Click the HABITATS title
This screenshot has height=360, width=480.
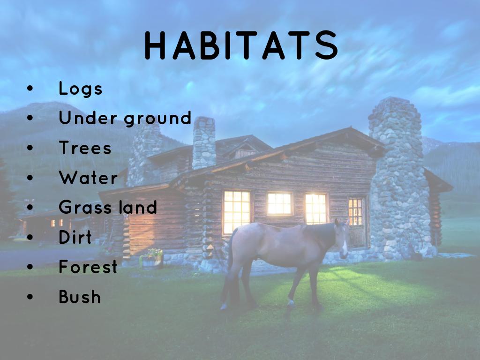(241, 45)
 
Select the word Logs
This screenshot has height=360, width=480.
(81, 89)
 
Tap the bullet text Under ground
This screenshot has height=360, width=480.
(125, 118)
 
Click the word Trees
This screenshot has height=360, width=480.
(85, 148)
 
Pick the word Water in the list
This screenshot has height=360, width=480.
(88, 178)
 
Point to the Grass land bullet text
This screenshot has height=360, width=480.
(108, 207)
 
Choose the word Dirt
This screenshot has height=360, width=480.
(75, 237)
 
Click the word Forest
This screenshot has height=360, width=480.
(88, 266)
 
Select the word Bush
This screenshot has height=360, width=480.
(80, 296)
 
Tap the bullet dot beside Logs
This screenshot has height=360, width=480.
(30, 89)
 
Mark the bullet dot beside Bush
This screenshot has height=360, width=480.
(30, 296)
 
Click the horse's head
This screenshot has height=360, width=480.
(342, 237)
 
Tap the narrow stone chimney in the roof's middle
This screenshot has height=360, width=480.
(204, 142)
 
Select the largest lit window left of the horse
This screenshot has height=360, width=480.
(237, 212)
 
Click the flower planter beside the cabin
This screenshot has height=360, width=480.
(152, 259)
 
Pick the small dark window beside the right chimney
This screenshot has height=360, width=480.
(355, 211)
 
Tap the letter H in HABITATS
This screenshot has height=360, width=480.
(155, 45)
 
